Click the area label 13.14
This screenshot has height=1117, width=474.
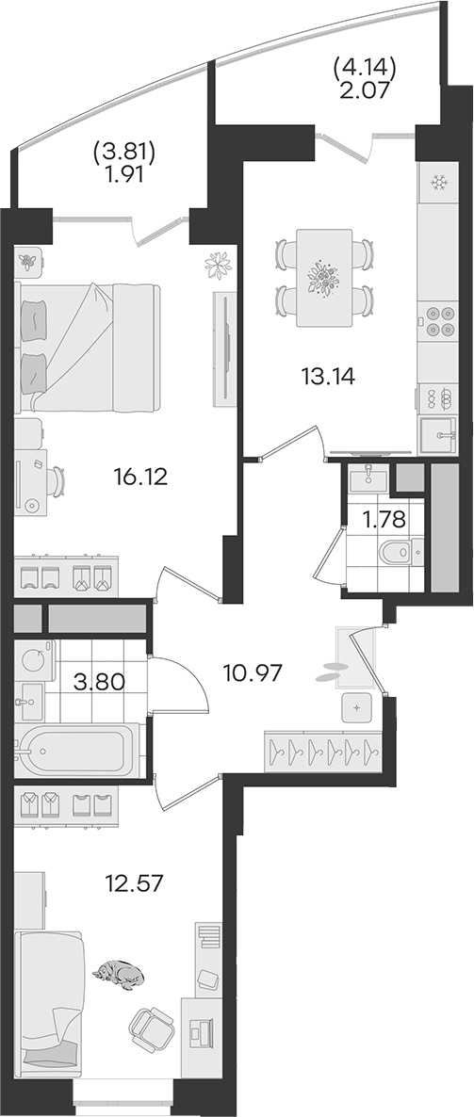(x=329, y=375)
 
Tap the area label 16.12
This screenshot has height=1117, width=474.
(x=140, y=476)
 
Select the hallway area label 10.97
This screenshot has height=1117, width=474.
(x=253, y=672)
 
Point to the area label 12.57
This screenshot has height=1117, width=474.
(x=134, y=884)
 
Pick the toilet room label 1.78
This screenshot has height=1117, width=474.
(x=385, y=519)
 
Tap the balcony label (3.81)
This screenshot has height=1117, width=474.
(x=124, y=151)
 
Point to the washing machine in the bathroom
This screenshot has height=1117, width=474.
(x=34, y=659)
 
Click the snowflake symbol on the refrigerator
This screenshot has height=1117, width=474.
(x=437, y=184)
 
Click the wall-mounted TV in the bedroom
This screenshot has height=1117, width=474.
(x=226, y=348)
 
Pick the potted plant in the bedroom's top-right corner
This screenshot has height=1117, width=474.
(x=218, y=265)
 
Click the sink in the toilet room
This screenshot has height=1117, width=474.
(x=368, y=478)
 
